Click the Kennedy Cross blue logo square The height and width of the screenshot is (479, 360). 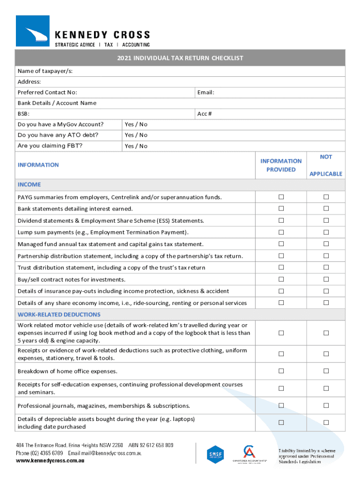[x=32, y=31]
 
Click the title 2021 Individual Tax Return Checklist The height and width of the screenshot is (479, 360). [x=180, y=58]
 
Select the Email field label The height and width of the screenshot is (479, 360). [x=206, y=92]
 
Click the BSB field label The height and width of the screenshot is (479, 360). [x=23, y=114]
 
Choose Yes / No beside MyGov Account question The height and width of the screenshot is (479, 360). [x=136, y=124]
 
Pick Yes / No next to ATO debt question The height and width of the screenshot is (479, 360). [x=136, y=135]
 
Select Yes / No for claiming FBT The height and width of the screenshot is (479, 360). [x=136, y=146]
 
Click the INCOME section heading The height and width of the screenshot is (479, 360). [x=29, y=184]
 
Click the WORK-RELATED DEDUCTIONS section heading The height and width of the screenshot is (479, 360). [x=59, y=314]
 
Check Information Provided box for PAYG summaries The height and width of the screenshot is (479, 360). [x=281, y=197]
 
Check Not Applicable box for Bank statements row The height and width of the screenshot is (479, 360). [x=326, y=209]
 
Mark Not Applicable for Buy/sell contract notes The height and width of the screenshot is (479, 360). [x=326, y=279]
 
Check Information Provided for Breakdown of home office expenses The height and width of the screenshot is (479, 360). [x=281, y=371]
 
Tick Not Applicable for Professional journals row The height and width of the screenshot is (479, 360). [x=326, y=406]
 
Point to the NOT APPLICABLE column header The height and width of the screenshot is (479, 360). [x=326, y=165]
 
